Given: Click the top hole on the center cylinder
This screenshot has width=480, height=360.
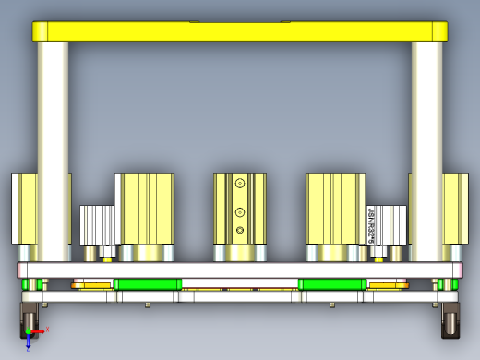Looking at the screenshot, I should pyautogui.click(x=240, y=184).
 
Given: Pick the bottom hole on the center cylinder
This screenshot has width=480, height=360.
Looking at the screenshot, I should pyautogui.click(x=240, y=229).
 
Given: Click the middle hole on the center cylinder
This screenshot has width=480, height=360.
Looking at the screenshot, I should pyautogui.click(x=240, y=207).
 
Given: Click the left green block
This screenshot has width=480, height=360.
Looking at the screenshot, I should pyautogui.click(x=148, y=283).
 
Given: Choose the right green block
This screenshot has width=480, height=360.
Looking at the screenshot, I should pyautogui.click(x=332, y=283).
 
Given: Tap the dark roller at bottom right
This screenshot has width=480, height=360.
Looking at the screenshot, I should pyautogui.click(x=451, y=322).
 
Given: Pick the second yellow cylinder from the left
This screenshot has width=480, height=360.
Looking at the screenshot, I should pyautogui.click(x=145, y=207).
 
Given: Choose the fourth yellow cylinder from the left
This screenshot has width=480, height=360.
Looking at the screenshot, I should pyautogui.click(x=335, y=207).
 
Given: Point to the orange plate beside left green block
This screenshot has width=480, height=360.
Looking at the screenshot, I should pyautogui.click(x=92, y=284).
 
